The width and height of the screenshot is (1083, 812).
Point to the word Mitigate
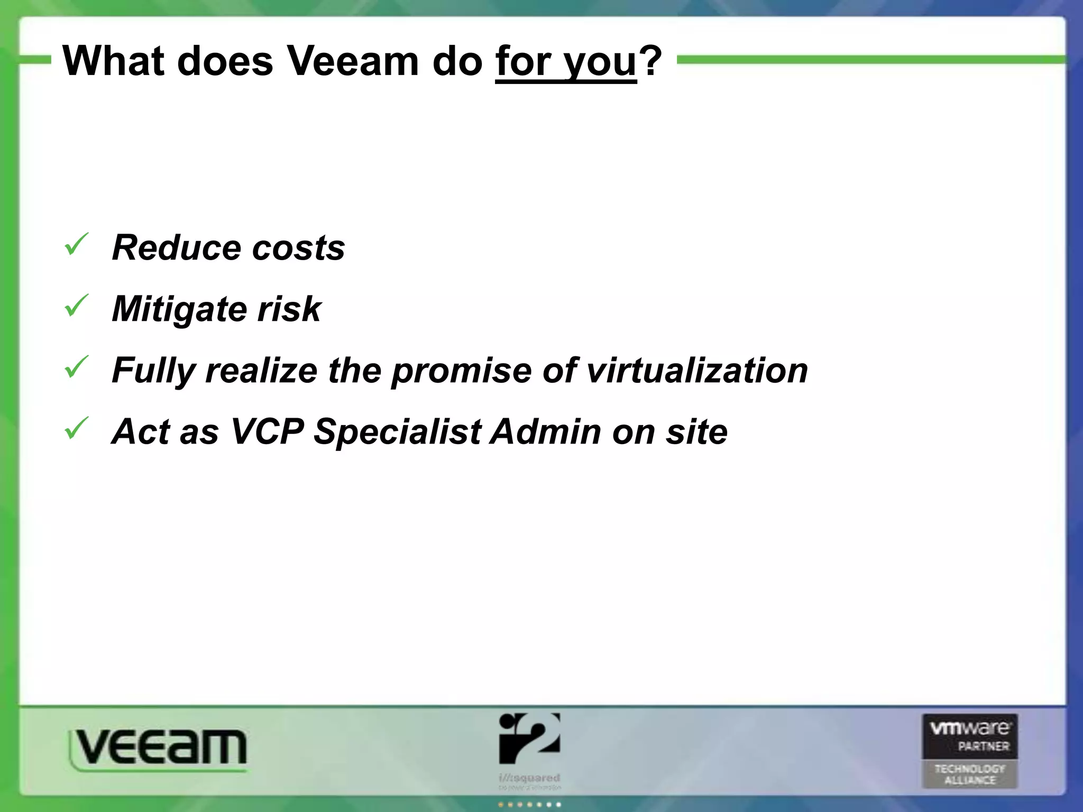coord(179,309)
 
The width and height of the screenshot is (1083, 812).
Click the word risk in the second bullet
coord(289,309)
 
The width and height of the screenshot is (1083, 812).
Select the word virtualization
coord(697,370)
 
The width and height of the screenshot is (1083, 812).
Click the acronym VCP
coord(267,431)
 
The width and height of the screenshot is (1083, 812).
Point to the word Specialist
coord(397,431)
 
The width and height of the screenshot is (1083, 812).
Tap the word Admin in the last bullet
coord(545,431)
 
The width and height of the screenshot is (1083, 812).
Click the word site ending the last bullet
coord(696,431)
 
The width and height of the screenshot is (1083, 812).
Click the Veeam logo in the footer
coord(158,748)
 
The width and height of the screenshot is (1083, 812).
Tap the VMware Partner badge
coord(970,751)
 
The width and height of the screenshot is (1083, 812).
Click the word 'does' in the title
coord(225,61)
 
